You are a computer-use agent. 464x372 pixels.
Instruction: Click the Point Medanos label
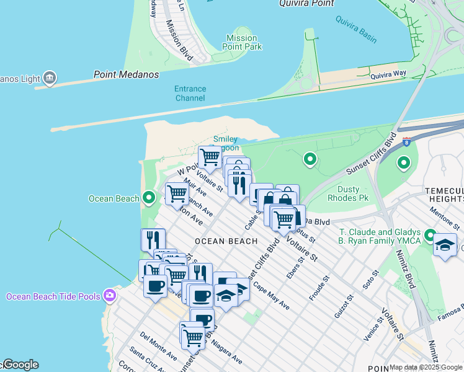click(126, 74)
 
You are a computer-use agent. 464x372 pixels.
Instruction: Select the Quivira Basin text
click(356, 29)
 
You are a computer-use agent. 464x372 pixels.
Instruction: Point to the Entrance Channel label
click(190, 94)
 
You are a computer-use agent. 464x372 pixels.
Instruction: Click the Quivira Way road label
click(388, 74)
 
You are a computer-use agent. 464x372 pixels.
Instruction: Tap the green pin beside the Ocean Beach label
click(148, 198)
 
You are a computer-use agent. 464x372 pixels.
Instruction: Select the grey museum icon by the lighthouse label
click(50, 78)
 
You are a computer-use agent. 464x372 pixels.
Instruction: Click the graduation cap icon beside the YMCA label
click(445, 245)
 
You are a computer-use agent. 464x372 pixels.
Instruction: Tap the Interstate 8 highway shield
click(407, 142)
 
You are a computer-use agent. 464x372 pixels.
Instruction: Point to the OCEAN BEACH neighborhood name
click(226, 241)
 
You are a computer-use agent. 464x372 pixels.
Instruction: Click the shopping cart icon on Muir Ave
click(177, 193)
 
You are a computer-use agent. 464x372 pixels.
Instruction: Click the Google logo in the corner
click(20, 365)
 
